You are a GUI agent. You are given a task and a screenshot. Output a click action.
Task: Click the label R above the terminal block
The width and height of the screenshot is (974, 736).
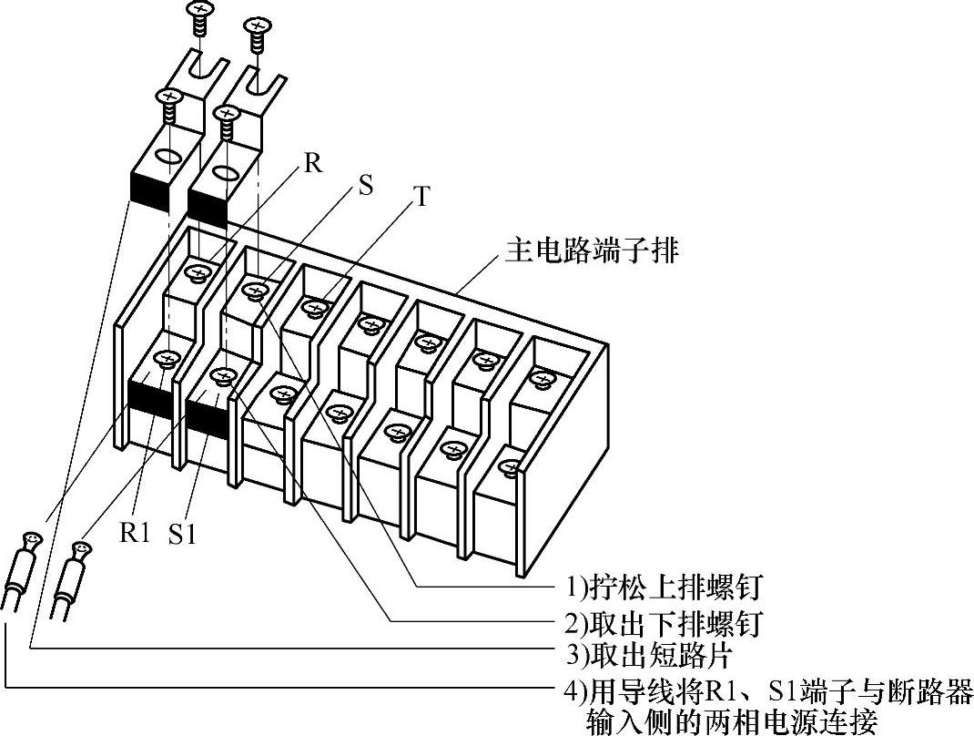[x=313, y=164]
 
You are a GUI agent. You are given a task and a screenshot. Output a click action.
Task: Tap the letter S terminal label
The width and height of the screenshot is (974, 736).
[x=366, y=185]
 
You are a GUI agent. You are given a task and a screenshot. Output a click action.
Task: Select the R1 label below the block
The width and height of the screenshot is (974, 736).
[x=134, y=532]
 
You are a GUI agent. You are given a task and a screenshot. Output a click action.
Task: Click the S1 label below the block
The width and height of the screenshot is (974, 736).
[x=182, y=535]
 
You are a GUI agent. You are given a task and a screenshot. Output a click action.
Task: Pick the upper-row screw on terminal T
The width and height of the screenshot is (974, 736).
[x=314, y=308]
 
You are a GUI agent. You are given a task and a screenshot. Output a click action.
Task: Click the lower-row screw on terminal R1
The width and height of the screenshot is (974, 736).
[x=165, y=358]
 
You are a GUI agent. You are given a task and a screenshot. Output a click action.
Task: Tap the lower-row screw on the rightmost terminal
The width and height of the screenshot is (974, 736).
[x=510, y=469]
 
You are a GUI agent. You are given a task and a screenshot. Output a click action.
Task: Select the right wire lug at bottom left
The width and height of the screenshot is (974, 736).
[x=72, y=574]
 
